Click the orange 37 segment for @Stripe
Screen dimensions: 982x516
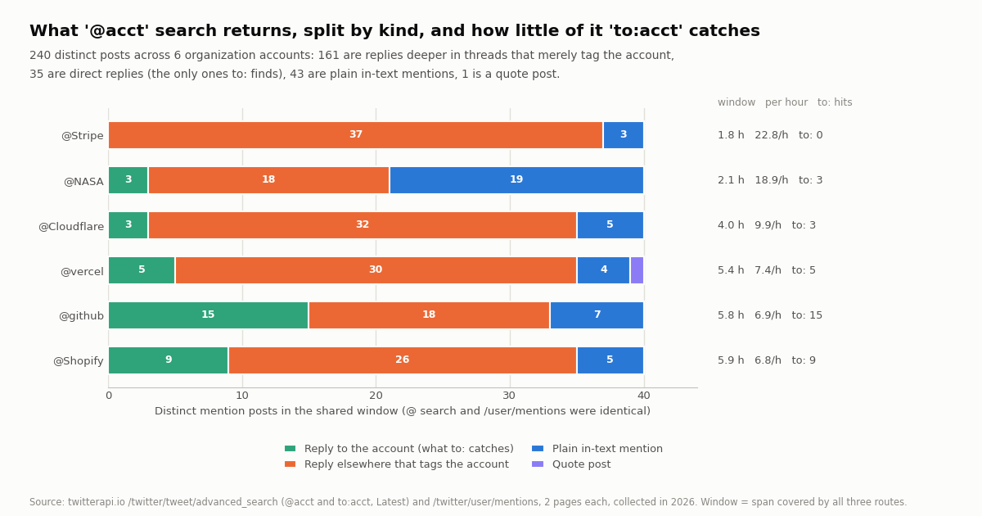tap(355, 135)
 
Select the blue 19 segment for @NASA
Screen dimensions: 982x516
tap(516, 180)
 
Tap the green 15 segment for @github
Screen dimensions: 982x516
tap(208, 315)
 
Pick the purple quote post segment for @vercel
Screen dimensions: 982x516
tap(637, 270)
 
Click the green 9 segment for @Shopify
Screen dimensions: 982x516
tap(169, 360)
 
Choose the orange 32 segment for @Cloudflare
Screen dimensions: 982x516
tap(363, 225)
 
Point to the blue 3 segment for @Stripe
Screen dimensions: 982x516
tap(624, 135)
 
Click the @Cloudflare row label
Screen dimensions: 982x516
tap(71, 226)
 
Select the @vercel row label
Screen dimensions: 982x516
tap(82, 272)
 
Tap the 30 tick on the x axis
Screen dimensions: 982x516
tap(509, 396)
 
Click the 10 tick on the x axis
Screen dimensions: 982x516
tap(242, 396)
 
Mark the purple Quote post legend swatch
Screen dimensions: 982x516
tap(538, 464)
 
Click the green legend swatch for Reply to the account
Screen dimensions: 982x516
tap(291, 449)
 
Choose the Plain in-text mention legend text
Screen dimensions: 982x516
tap(607, 449)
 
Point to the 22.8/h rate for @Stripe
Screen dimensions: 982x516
tap(772, 135)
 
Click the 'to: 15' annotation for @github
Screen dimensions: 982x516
tap(807, 315)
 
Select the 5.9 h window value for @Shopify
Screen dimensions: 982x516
tap(731, 360)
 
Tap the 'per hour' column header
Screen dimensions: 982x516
tap(786, 102)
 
